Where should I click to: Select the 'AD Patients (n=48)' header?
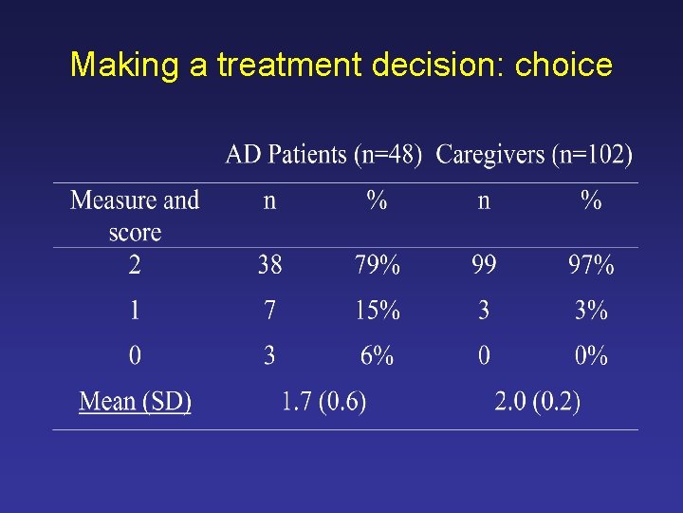coord(323,155)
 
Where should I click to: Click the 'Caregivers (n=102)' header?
coord(534,155)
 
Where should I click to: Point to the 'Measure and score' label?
coord(135,216)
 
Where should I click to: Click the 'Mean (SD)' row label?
coord(135,401)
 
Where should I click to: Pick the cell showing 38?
coord(270,265)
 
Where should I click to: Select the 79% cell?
coord(377,265)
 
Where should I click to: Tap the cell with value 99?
coord(484,265)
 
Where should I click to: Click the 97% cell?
coord(591,265)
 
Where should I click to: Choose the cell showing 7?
coord(270,311)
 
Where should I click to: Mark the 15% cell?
coord(377,311)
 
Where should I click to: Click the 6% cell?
coord(377,356)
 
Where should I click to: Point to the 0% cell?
coord(591,356)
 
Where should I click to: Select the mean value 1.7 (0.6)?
coord(323,401)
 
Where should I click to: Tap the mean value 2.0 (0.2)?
coord(537,401)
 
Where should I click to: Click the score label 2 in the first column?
coord(135,265)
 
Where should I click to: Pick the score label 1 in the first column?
coord(135,311)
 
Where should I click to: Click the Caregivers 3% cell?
coord(591,311)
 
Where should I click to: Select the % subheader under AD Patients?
coord(377,200)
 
